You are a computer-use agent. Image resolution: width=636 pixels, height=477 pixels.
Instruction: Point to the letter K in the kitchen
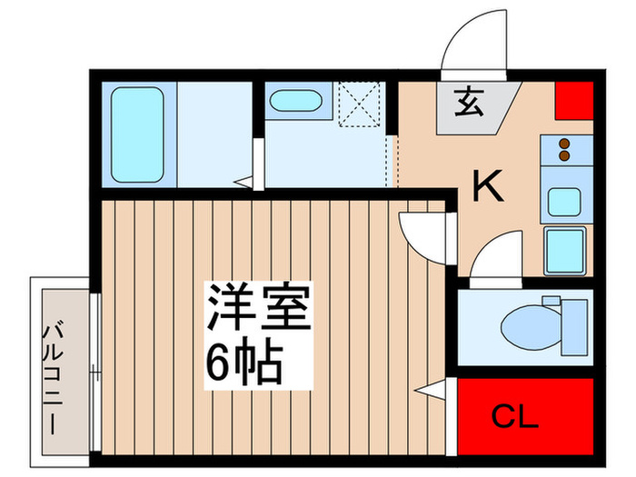pos(488,188)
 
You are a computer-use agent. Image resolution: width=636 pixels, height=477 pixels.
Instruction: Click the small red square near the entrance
pos(572,102)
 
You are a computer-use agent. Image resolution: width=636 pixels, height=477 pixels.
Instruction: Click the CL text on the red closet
pos(514,418)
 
